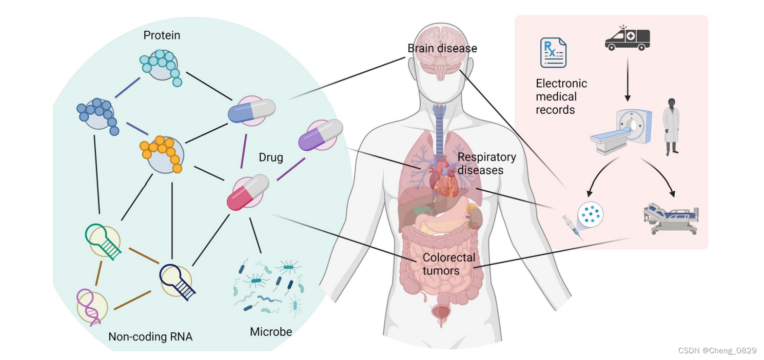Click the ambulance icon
tap(627, 38)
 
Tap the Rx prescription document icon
tap(553, 52)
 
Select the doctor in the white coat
tap(671, 126)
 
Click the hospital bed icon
tap(671, 217)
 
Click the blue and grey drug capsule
tap(251, 111)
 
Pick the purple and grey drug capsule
tap(320, 135)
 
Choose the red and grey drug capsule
tap(248, 192)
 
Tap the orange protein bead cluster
tap(161, 153)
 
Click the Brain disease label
tap(442, 48)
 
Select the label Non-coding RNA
tap(150, 337)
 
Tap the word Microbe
tap(271, 332)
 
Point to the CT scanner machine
tap(622, 131)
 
